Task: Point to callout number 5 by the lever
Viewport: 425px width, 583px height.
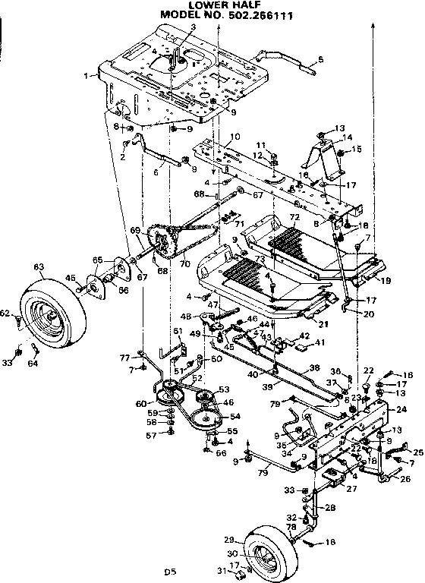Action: (320, 58)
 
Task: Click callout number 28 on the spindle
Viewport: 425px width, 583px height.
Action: (330, 507)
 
